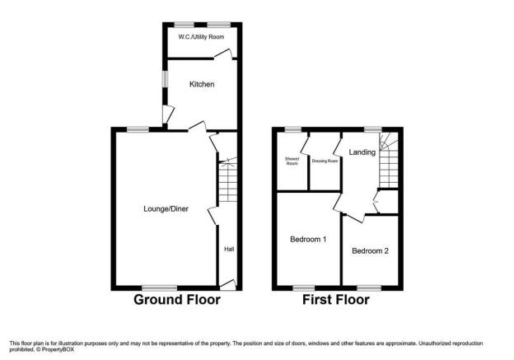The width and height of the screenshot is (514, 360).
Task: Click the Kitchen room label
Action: [202, 84]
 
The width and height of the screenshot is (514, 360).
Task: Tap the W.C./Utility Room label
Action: [201, 37]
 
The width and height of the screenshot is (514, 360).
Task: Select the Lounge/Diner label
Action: [166, 209]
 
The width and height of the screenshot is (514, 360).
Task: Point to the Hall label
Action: [229, 249]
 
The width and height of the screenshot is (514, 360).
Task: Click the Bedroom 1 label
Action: [308, 240]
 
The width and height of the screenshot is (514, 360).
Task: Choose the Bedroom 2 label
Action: [370, 250]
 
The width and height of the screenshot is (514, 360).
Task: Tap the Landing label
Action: [362, 152]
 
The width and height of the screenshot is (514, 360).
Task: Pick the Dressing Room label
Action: [325, 161]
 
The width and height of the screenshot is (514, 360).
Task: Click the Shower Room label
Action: [292, 161]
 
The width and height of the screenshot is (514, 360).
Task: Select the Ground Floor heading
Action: [177, 300]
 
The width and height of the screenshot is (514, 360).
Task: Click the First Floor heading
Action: [336, 300]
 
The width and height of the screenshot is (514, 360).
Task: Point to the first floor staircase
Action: [389, 161]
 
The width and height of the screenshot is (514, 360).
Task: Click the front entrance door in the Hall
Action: [228, 285]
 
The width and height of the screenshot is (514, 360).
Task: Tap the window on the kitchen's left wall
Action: [166, 79]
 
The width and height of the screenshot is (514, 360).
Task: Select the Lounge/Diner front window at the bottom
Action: [160, 288]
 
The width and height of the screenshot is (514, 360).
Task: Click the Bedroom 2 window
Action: [369, 288]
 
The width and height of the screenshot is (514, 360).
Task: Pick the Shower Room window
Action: [292, 129]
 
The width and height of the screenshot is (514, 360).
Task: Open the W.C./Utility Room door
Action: [223, 54]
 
